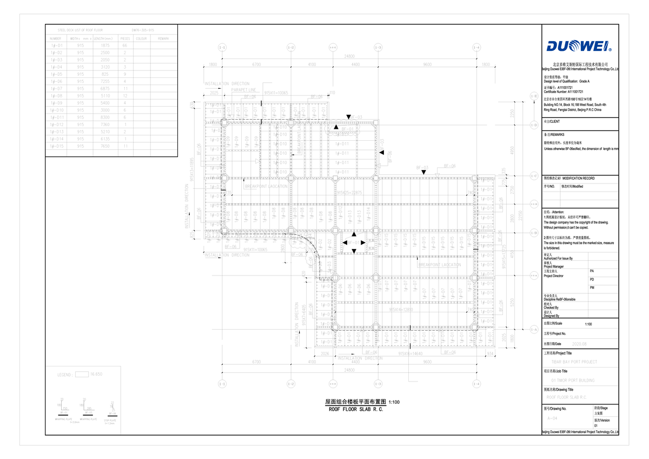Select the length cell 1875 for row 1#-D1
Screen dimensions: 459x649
(105, 45)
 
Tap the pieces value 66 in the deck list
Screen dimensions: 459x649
(125, 45)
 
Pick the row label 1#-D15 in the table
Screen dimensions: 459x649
(56, 146)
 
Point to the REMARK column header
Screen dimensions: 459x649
(163, 38)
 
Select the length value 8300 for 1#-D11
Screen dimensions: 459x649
(105, 116)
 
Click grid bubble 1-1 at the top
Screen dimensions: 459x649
(222, 48)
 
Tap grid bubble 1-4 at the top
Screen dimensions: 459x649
(476, 48)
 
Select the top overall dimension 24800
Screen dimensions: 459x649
(349, 56)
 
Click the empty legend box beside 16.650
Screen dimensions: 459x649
(82, 374)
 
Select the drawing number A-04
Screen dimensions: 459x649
(552, 419)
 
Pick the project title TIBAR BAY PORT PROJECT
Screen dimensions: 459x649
(574, 362)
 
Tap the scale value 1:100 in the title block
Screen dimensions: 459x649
(588, 324)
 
